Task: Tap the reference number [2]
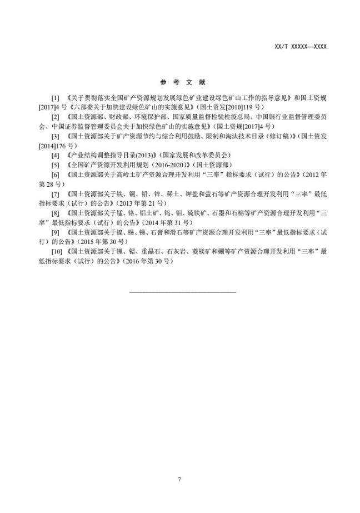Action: [55, 117]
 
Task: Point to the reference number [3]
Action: [55, 136]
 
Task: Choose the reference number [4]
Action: [55, 155]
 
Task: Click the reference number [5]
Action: [55, 165]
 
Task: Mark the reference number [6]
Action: [55, 175]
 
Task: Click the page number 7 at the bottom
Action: [180, 479]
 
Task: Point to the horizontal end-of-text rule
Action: [183, 291]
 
